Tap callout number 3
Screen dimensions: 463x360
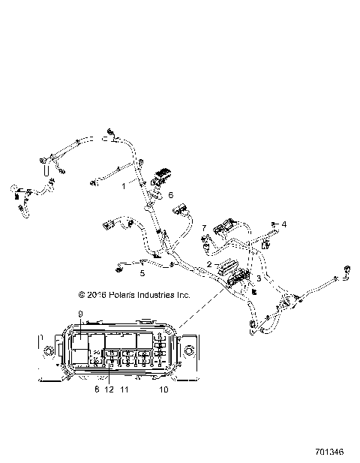click(x=259, y=278)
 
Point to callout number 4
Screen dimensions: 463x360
click(x=283, y=224)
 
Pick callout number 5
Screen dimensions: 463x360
click(x=142, y=274)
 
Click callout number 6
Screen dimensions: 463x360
click(x=169, y=195)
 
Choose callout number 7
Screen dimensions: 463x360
click(x=203, y=228)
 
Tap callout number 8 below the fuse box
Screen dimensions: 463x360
click(x=96, y=389)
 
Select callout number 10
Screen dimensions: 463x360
click(x=163, y=389)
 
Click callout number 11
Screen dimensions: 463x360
click(x=124, y=389)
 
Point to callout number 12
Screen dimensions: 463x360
click(x=109, y=389)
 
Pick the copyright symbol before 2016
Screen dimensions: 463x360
click(x=73, y=296)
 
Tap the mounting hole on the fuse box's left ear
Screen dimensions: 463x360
click(x=50, y=350)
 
